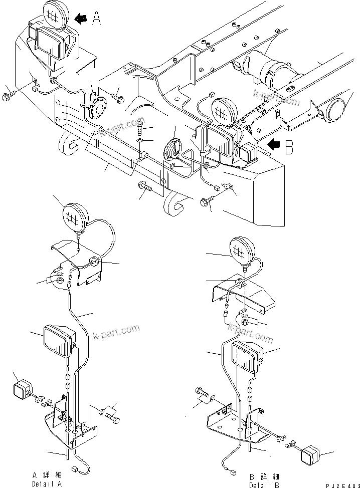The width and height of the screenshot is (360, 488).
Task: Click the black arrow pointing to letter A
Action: [x=80, y=19]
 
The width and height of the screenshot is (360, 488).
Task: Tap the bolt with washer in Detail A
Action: [x=110, y=415]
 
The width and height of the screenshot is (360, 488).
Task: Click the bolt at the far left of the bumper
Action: [x=10, y=96]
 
